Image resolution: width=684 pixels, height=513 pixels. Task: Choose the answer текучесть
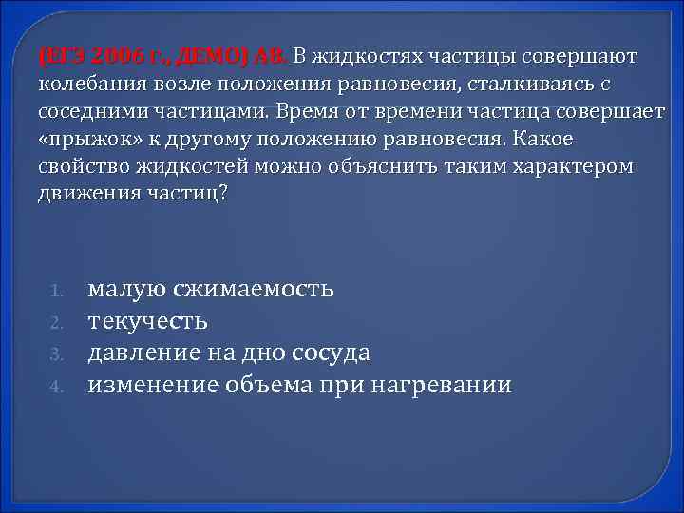click(x=148, y=320)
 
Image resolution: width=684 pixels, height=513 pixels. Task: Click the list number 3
click(x=56, y=354)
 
